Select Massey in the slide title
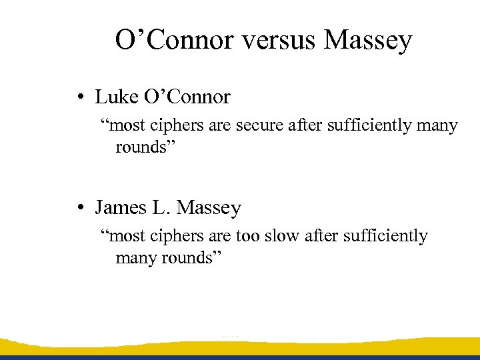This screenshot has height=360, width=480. click(368, 41)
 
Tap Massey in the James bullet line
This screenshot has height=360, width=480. click(209, 209)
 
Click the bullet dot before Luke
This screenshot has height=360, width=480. click(79, 98)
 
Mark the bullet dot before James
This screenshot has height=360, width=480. click(79, 208)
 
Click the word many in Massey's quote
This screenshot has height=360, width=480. click(135, 257)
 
